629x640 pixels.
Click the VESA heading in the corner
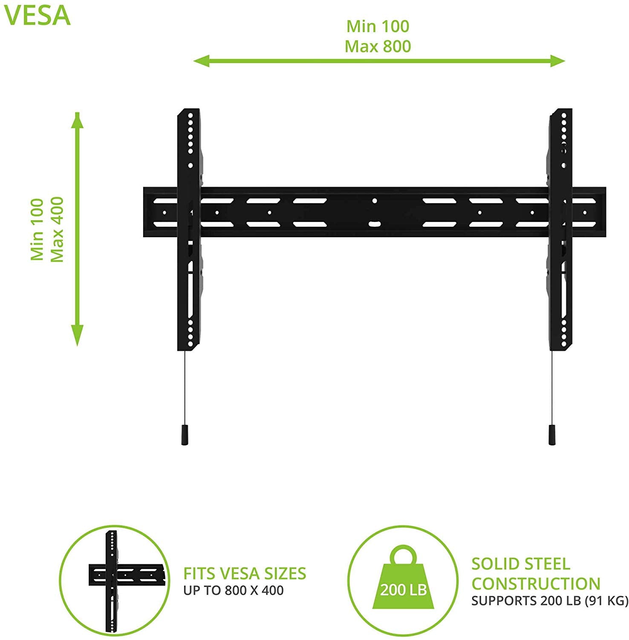[x=37, y=16]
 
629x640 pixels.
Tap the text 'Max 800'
[x=378, y=46]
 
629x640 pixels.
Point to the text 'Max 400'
[x=57, y=229]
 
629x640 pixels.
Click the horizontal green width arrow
[x=379, y=61]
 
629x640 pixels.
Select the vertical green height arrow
[x=77, y=229]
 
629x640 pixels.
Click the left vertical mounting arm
[x=189, y=230]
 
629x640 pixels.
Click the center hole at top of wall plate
[x=375, y=200]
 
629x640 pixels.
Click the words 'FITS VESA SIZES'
[x=245, y=573]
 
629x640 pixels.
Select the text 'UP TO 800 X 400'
[x=234, y=591]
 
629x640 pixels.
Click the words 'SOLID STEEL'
[x=520, y=564]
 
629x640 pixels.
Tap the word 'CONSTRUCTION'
[x=536, y=583]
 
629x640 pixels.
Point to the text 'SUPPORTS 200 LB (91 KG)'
[x=550, y=601]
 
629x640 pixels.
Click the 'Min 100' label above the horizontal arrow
[x=378, y=26]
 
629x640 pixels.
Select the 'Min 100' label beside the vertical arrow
[x=37, y=229]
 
